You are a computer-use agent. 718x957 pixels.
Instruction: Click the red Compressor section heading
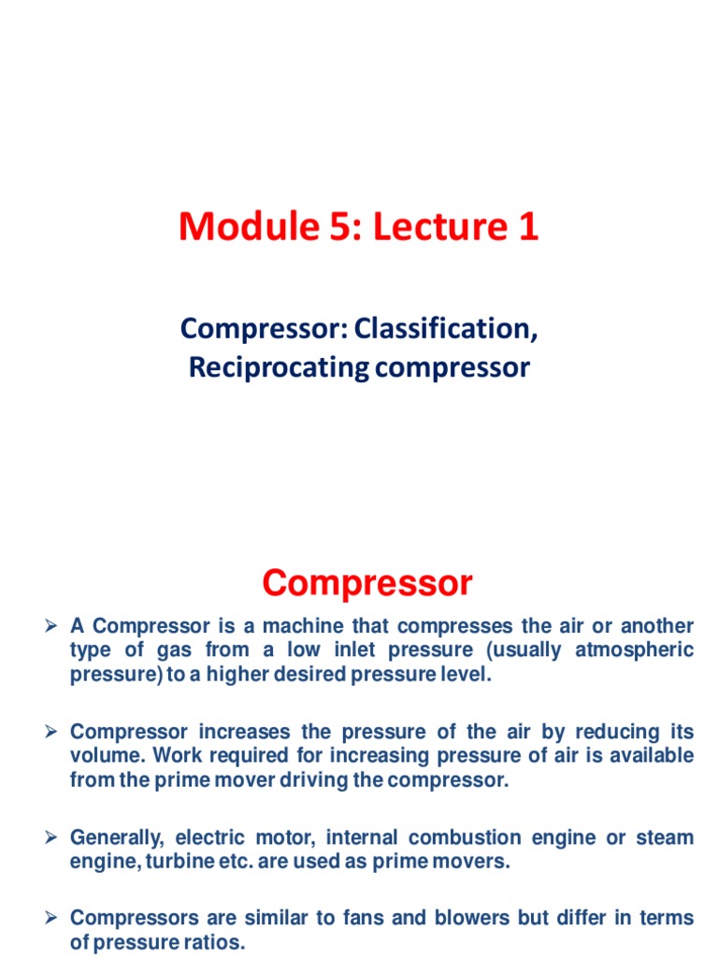[367, 584]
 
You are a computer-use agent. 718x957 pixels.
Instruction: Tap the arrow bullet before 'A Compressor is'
[53, 625]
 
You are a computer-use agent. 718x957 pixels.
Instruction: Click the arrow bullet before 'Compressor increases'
[53, 732]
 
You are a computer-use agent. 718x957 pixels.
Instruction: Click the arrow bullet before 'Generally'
[53, 837]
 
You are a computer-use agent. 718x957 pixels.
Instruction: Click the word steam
[665, 837]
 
